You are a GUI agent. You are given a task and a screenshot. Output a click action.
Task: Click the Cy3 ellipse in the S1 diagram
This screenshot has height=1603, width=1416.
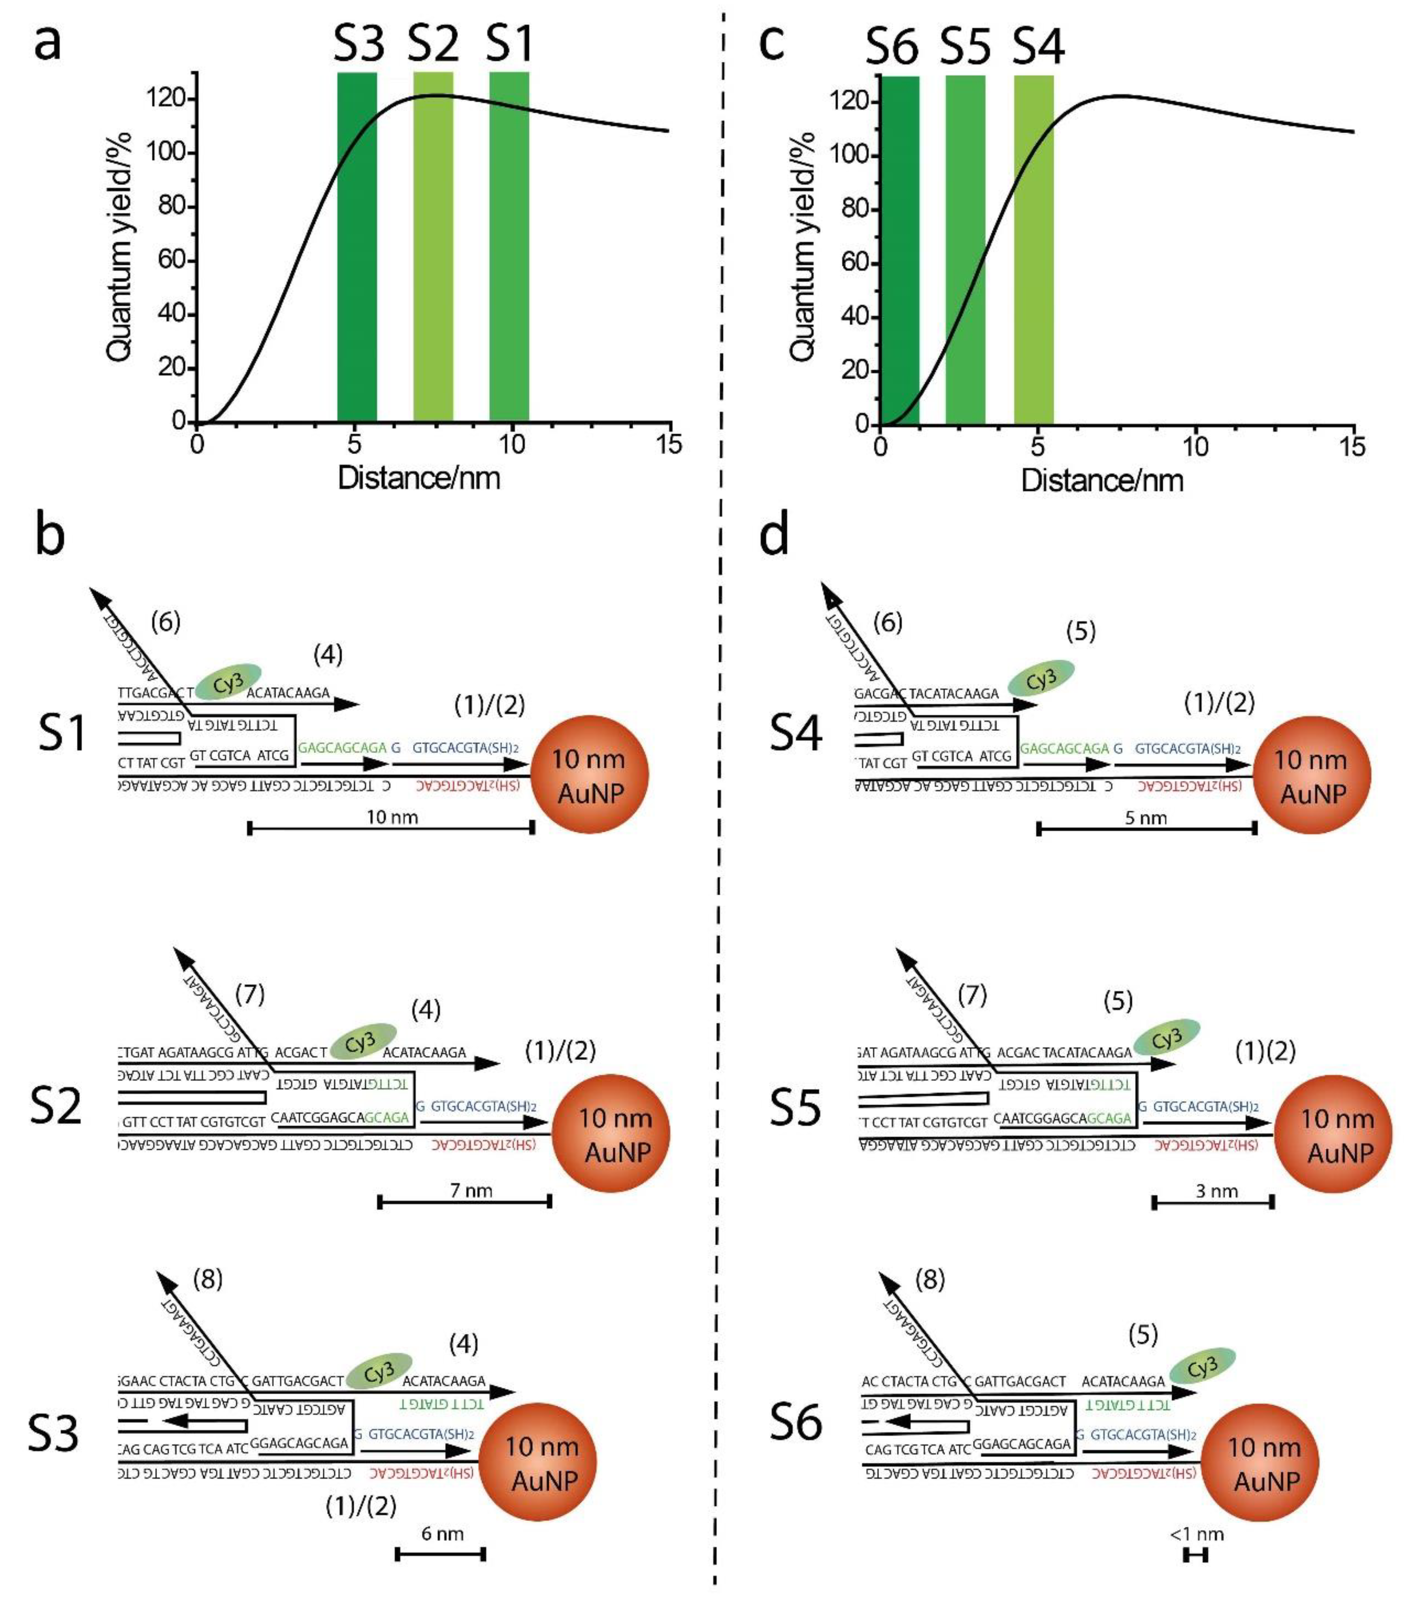click(228, 681)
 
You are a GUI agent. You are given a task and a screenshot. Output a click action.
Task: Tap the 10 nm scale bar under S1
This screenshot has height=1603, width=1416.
click(391, 827)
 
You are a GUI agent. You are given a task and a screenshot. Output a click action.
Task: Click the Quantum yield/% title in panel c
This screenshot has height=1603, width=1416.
click(803, 247)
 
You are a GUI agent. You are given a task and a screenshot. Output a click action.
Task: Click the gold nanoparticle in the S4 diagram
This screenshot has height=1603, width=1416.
click(1312, 775)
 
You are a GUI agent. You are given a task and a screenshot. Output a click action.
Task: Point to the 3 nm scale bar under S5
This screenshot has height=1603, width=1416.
click(1213, 1202)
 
